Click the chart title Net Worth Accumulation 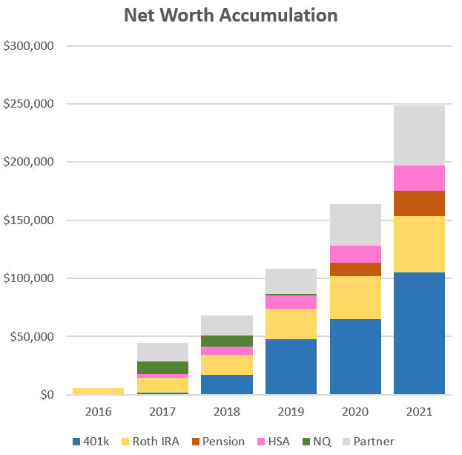point(230,16)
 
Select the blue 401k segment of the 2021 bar point(419,333)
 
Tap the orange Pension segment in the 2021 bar point(419,203)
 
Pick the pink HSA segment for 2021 point(419,178)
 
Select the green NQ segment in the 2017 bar point(163,367)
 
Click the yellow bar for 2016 point(99,390)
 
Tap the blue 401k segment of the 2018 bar point(227,384)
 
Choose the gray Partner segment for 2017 point(163,352)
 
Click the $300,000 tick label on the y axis point(29,46)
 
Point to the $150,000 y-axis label point(29,220)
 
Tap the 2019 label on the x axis point(291,410)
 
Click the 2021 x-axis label point(419,410)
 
